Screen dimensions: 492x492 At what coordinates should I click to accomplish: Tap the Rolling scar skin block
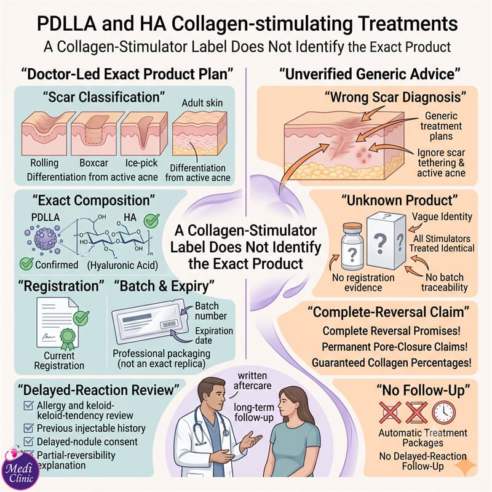point(46,133)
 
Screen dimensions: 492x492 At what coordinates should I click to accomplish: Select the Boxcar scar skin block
point(93,133)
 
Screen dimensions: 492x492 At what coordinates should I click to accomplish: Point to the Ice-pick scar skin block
point(143,133)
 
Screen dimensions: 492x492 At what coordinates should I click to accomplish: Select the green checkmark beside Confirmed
point(26,264)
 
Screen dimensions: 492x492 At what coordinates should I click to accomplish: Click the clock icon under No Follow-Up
point(443,413)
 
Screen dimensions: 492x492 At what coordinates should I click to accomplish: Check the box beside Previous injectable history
point(28,427)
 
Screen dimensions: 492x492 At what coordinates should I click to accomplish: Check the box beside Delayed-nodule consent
point(28,441)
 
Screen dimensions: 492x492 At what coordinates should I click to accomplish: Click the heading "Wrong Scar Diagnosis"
point(395,97)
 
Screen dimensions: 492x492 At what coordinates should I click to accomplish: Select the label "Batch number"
point(210,311)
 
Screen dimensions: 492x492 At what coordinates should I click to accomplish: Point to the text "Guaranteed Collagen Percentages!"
point(392,362)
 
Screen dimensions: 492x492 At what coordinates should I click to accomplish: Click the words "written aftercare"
point(252,380)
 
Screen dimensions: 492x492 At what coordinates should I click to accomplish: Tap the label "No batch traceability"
point(444,282)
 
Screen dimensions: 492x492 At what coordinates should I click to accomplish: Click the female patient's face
point(288,404)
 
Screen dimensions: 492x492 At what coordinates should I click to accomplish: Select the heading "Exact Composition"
point(93,200)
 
